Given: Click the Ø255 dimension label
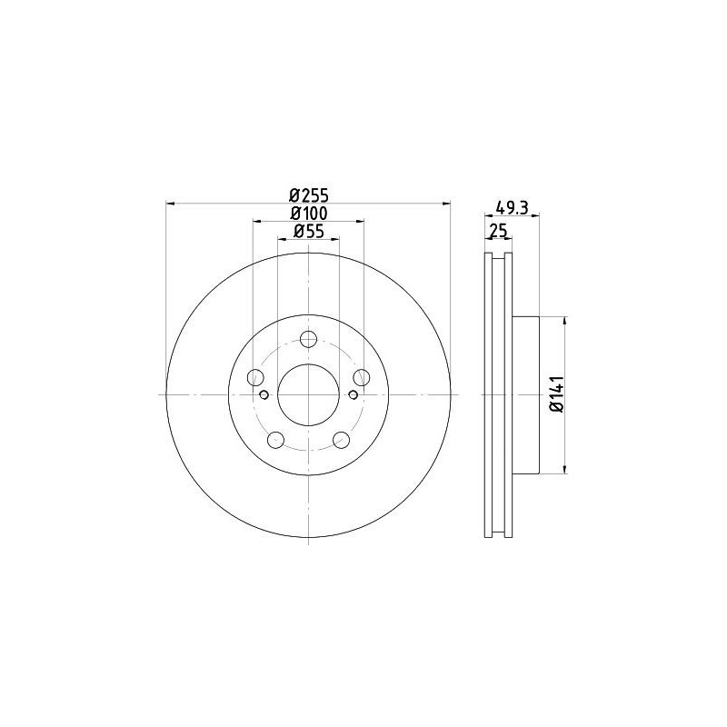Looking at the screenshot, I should (x=308, y=194).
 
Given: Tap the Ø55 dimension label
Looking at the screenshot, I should (x=308, y=232).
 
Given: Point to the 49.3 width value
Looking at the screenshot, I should (x=511, y=206).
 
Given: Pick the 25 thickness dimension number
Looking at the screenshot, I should (x=497, y=232).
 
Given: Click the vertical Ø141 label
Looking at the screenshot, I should (x=558, y=395).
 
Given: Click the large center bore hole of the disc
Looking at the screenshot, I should (x=308, y=394).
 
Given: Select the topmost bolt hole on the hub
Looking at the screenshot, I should (x=308, y=340).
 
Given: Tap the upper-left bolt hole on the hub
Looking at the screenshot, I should (x=255, y=378).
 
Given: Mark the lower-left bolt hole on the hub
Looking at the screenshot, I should (x=275, y=440).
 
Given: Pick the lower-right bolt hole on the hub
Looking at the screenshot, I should (x=341, y=440).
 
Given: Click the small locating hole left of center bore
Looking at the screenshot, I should (x=264, y=394).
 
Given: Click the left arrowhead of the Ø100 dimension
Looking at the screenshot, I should (x=256, y=222).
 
